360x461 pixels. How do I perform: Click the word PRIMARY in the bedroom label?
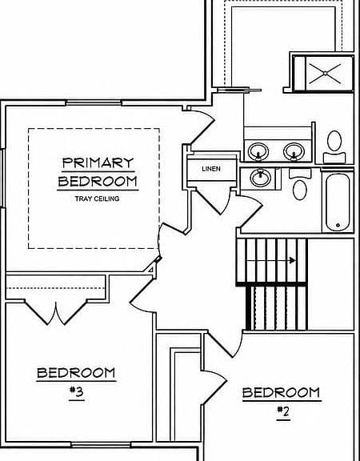(x=98, y=162)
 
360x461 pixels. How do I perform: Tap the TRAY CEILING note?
(x=98, y=198)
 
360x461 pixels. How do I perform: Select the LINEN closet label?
(x=211, y=169)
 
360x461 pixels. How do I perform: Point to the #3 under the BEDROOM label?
(x=77, y=391)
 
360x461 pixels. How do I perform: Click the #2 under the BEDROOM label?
(x=283, y=411)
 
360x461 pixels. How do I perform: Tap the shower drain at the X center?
(x=326, y=73)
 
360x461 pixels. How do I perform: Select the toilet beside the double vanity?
(x=334, y=146)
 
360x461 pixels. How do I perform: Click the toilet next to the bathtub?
(x=300, y=184)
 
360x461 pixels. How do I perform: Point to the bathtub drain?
(x=338, y=225)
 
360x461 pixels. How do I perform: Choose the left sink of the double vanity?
(x=258, y=152)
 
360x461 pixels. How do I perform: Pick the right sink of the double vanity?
(x=294, y=152)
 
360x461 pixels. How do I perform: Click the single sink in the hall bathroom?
(x=260, y=178)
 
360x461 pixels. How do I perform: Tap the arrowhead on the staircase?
(x=293, y=260)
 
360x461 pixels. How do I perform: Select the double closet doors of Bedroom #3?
(x=56, y=313)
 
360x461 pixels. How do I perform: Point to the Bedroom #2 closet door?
(x=214, y=383)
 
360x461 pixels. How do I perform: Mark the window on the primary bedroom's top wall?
(x=94, y=103)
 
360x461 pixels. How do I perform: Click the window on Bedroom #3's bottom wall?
(x=101, y=445)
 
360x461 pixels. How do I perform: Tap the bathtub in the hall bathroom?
(x=338, y=202)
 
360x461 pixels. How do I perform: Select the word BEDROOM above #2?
(x=282, y=393)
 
